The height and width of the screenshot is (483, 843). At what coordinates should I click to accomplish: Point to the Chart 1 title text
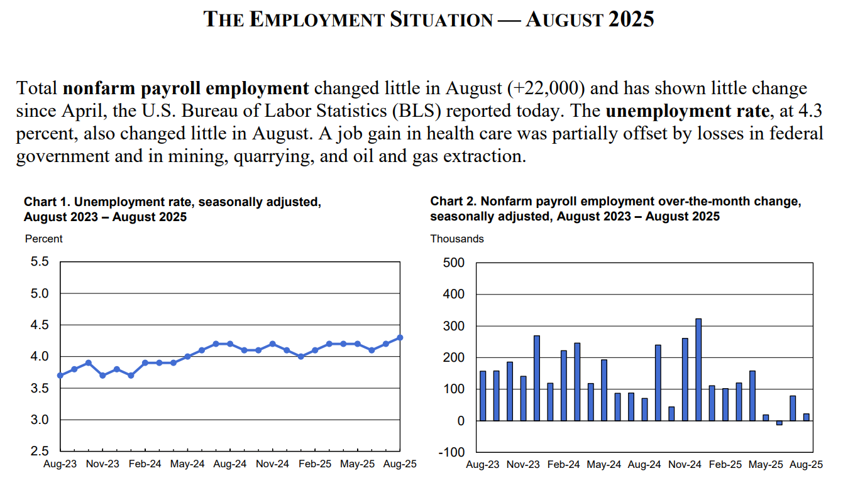click(172, 210)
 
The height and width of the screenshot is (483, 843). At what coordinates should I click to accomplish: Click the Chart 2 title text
click(615, 209)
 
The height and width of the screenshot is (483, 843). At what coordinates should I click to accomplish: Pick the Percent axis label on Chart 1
click(44, 239)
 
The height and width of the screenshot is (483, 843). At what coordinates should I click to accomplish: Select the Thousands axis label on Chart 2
click(457, 239)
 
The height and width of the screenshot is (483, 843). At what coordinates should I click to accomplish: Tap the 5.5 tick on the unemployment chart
click(40, 262)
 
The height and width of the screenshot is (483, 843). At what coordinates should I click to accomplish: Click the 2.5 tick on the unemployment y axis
click(40, 452)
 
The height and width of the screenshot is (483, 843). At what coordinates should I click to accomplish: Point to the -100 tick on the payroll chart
click(453, 452)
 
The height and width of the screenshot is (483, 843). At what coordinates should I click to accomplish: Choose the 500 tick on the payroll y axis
click(454, 263)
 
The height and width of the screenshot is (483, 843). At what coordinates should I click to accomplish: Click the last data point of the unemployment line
click(400, 337)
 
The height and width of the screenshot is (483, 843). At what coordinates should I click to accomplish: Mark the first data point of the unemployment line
click(60, 376)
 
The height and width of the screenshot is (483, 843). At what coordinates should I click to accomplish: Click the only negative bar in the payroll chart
click(780, 423)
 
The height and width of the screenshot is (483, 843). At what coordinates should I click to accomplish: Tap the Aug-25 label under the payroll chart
click(807, 465)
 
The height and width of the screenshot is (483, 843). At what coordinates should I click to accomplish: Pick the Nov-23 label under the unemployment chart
click(102, 465)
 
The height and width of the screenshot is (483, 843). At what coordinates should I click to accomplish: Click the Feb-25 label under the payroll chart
click(725, 465)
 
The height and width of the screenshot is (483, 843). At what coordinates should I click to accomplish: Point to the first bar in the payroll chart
click(483, 396)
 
